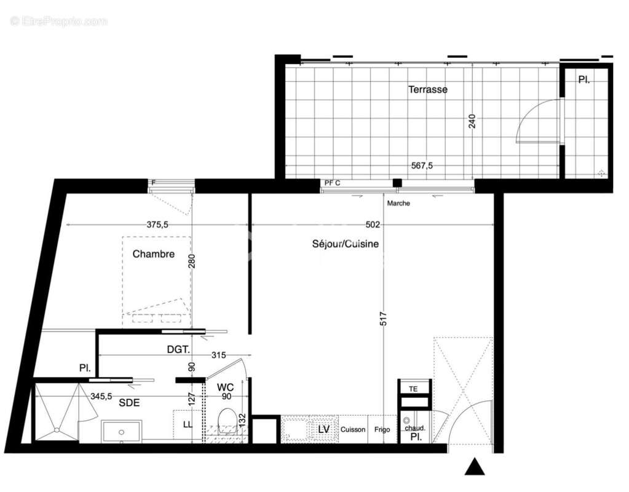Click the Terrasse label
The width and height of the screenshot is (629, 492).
pyautogui.click(x=428, y=90)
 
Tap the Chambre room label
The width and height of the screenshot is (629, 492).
pyautogui.click(x=154, y=254)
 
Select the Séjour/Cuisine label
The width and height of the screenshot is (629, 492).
pyautogui.click(x=345, y=244)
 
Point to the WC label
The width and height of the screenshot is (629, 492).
pyautogui.click(x=225, y=387)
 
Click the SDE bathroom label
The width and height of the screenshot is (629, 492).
pyautogui.click(x=129, y=403)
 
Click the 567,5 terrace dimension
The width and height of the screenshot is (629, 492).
pyautogui.click(x=422, y=165)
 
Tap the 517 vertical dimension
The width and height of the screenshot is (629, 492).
pyautogui.click(x=383, y=319)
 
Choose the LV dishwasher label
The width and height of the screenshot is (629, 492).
pyautogui.click(x=324, y=429)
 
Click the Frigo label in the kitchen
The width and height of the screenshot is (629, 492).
pyautogui.click(x=382, y=429)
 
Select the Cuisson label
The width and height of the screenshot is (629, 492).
pyautogui.click(x=353, y=429)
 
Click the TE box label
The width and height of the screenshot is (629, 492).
pyautogui.click(x=413, y=389)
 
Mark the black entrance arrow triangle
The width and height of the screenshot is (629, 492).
pyautogui.click(x=474, y=467)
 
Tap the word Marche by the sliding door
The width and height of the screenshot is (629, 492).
pyautogui.click(x=398, y=204)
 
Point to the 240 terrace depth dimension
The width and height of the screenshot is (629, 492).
pyautogui.click(x=472, y=121)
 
